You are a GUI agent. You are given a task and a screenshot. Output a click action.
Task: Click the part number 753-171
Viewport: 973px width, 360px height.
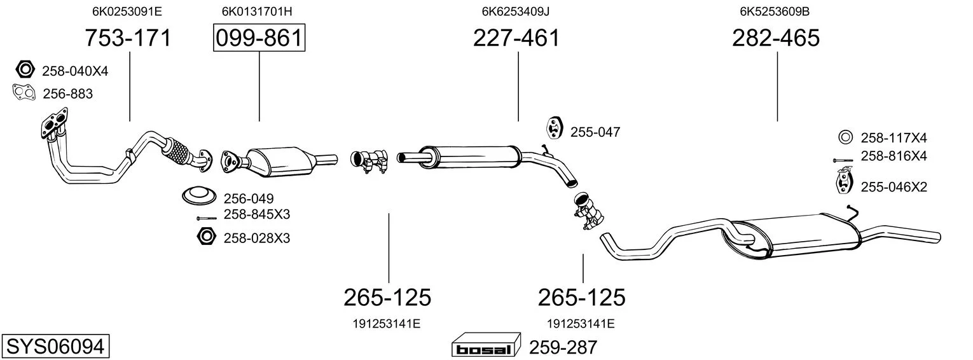point(128,38)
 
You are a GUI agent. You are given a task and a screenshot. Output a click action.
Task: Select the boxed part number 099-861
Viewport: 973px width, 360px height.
point(259,38)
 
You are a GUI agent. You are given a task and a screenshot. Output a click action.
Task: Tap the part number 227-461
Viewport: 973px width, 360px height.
point(516,38)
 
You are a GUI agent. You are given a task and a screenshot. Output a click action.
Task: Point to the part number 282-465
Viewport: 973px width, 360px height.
point(776,38)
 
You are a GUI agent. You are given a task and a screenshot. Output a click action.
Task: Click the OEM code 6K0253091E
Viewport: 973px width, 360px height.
point(127,11)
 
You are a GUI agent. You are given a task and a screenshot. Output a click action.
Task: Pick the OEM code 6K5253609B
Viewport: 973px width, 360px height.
point(775,11)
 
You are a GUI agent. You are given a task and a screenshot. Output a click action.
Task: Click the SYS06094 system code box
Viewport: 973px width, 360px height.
point(55,347)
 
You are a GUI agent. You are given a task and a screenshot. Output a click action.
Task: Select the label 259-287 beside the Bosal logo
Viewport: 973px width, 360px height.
point(563,347)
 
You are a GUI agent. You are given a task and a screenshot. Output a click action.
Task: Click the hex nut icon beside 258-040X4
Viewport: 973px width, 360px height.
point(25,70)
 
